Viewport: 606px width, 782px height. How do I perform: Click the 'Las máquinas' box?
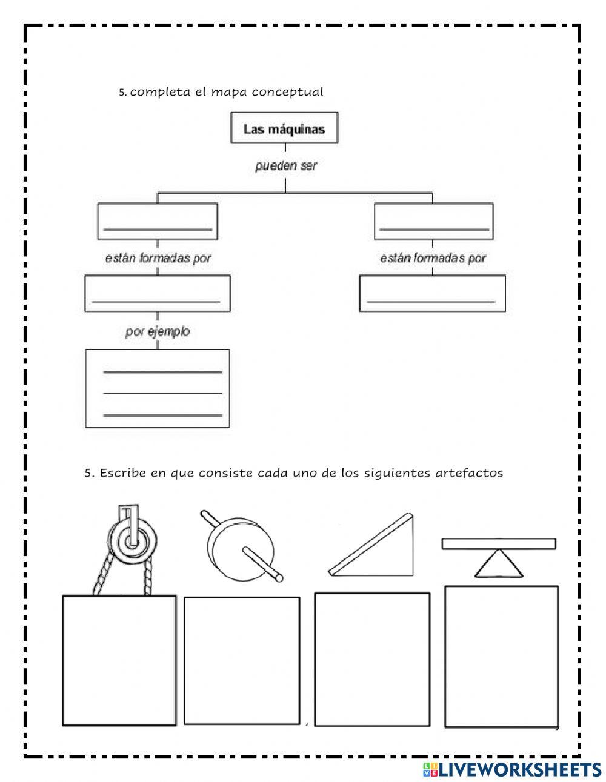tap(284, 128)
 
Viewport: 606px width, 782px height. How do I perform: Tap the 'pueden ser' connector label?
tap(286, 165)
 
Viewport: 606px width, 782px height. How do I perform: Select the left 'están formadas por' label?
tap(158, 258)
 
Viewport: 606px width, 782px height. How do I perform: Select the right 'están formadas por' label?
tap(433, 258)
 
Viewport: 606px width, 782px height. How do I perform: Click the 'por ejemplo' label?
tap(158, 331)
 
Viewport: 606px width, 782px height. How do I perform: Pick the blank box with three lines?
tap(158, 388)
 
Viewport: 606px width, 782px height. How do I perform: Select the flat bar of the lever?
tap(499, 543)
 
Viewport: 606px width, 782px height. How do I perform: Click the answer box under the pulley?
tap(119, 660)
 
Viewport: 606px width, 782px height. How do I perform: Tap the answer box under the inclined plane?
tap(372, 659)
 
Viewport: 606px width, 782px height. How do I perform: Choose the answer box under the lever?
tap(501, 656)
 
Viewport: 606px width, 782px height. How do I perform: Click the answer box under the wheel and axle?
tap(242, 660)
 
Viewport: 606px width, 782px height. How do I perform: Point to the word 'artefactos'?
tap(469, 473)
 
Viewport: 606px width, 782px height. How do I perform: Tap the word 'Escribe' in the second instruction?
tap(124, 473)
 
